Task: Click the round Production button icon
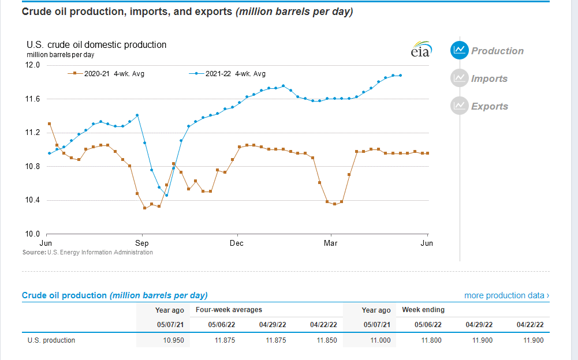click(459, 50)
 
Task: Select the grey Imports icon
click(459, 78)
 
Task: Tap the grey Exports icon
click(459, 106)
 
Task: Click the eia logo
click(420, 50)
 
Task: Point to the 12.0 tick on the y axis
click(33, 65)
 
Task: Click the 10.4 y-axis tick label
click(33, 200)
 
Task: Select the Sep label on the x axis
click(141, 243)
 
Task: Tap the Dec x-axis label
click(237, 243)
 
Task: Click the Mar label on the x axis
click(331, 243)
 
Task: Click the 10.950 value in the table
click(173, 340)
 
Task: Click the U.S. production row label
click(51, 340)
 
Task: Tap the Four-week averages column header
click(229, 310)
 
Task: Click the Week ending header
click(423, 310)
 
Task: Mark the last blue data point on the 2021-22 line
click(401, 75)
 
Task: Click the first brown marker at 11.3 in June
click(49, 123)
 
